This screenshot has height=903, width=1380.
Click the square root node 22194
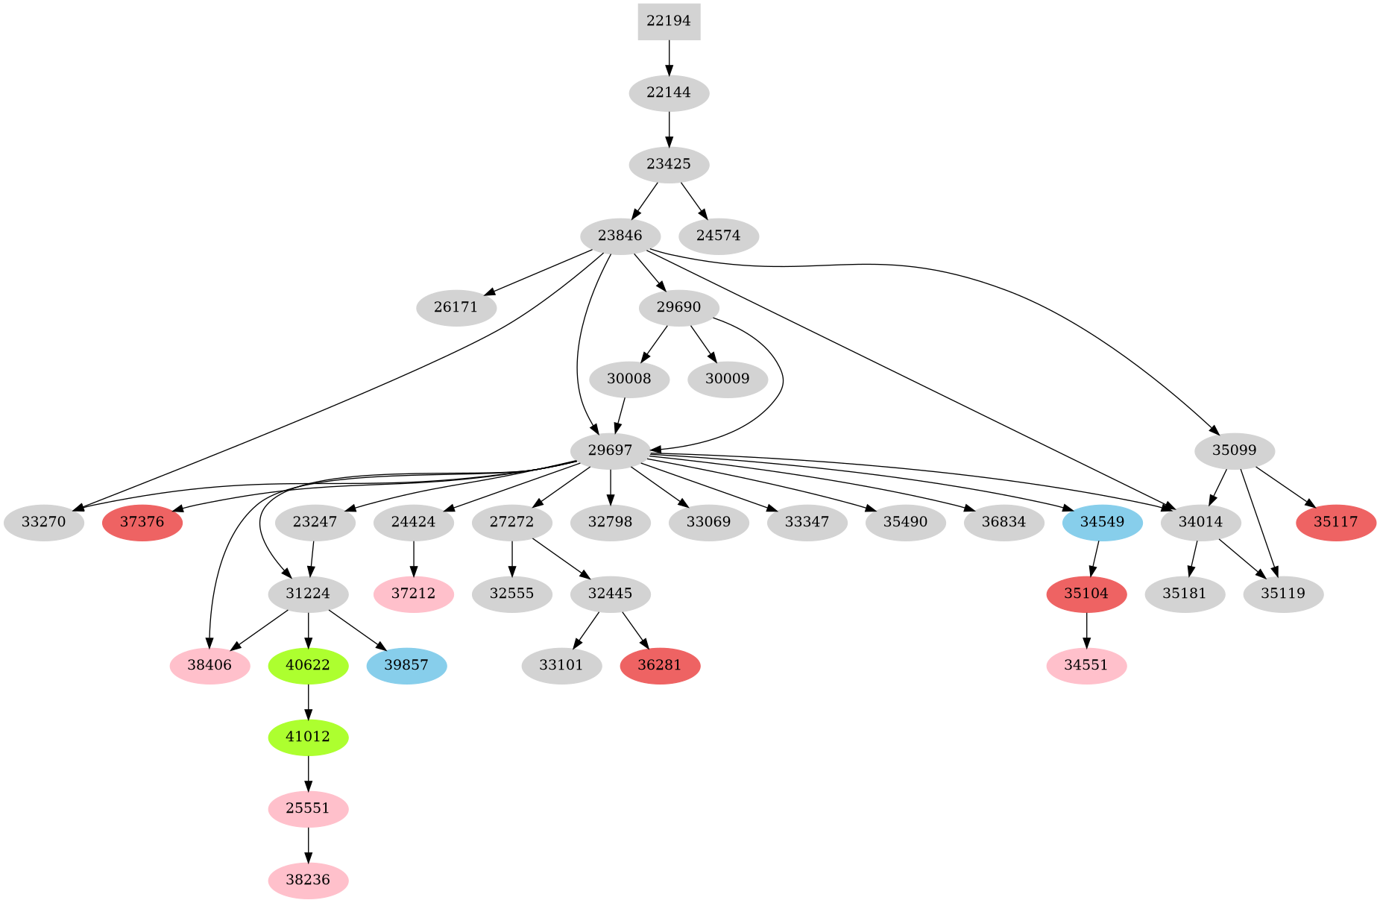[669, 22]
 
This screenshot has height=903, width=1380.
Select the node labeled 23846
[620, 236]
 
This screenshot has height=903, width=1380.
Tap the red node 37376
[142, 522]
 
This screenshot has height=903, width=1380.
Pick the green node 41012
[308, 737]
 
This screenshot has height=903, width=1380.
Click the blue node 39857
[406, 665]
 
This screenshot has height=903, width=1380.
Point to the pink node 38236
[308, 880]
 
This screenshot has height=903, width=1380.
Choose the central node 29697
[610, 450]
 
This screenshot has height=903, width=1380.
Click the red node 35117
[1335, 522]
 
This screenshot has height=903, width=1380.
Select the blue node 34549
[1101, 522]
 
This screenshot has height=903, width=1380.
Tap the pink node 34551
[1086, 665]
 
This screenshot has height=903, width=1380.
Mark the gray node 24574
[718, 236]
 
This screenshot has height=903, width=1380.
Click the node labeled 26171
[456, 307]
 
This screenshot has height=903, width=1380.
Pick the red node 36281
[660, 665]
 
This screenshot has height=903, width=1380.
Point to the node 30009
[727, 379]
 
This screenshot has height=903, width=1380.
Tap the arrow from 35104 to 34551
[1086, 629]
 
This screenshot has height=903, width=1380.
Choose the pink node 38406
[209, 665]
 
